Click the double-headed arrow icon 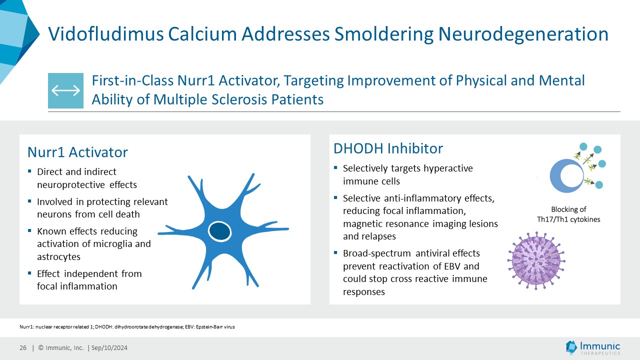65,90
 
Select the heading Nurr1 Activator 77,152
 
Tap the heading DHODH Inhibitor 388,148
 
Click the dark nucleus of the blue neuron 218,231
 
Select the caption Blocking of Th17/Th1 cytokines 568,214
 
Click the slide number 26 23,348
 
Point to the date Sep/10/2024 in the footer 109,348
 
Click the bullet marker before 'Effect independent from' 30,273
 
